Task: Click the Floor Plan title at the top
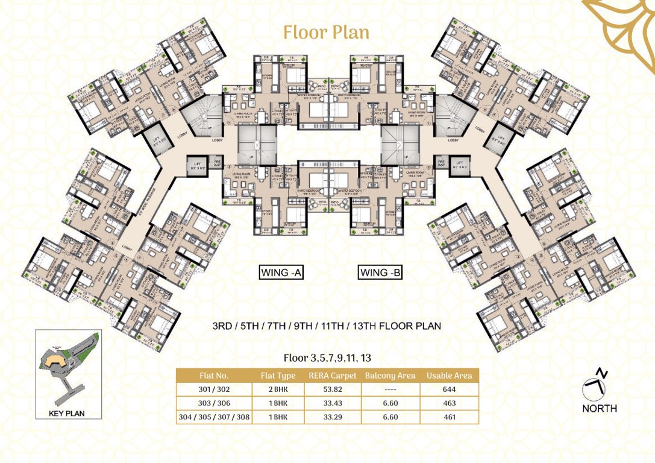point(326,32)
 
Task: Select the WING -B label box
point(380,272)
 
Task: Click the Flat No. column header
point(214,376)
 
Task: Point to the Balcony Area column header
point(390,376)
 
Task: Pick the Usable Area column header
point(448,376)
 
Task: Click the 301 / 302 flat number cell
point(214,389)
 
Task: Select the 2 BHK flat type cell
point(277,389)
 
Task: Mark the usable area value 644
point(448,389)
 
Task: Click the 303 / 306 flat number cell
point(214,403)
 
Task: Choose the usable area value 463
point(448,403)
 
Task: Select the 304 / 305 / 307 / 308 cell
point(214,417)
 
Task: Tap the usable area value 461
point(448,417)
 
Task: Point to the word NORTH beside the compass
point(600,408)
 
